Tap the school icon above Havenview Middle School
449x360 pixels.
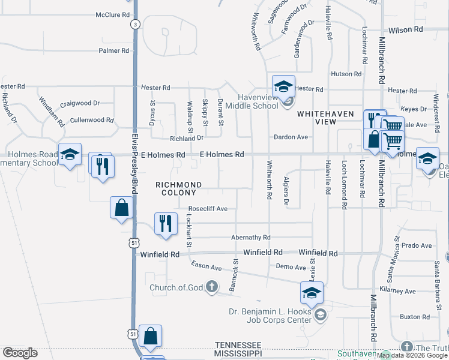(283, 86)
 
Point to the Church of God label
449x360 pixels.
(176, 287)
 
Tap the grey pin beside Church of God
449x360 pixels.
(211, 287)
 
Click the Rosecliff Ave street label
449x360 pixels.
(208, 209)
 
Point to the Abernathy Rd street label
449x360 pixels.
(250, 238)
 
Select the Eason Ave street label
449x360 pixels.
(206, 265)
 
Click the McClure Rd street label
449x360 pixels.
(113, 14)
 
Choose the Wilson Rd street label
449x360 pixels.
(402, 29)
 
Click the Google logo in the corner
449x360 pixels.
(20, 353)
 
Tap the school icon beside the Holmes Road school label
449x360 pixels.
(70, 154)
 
